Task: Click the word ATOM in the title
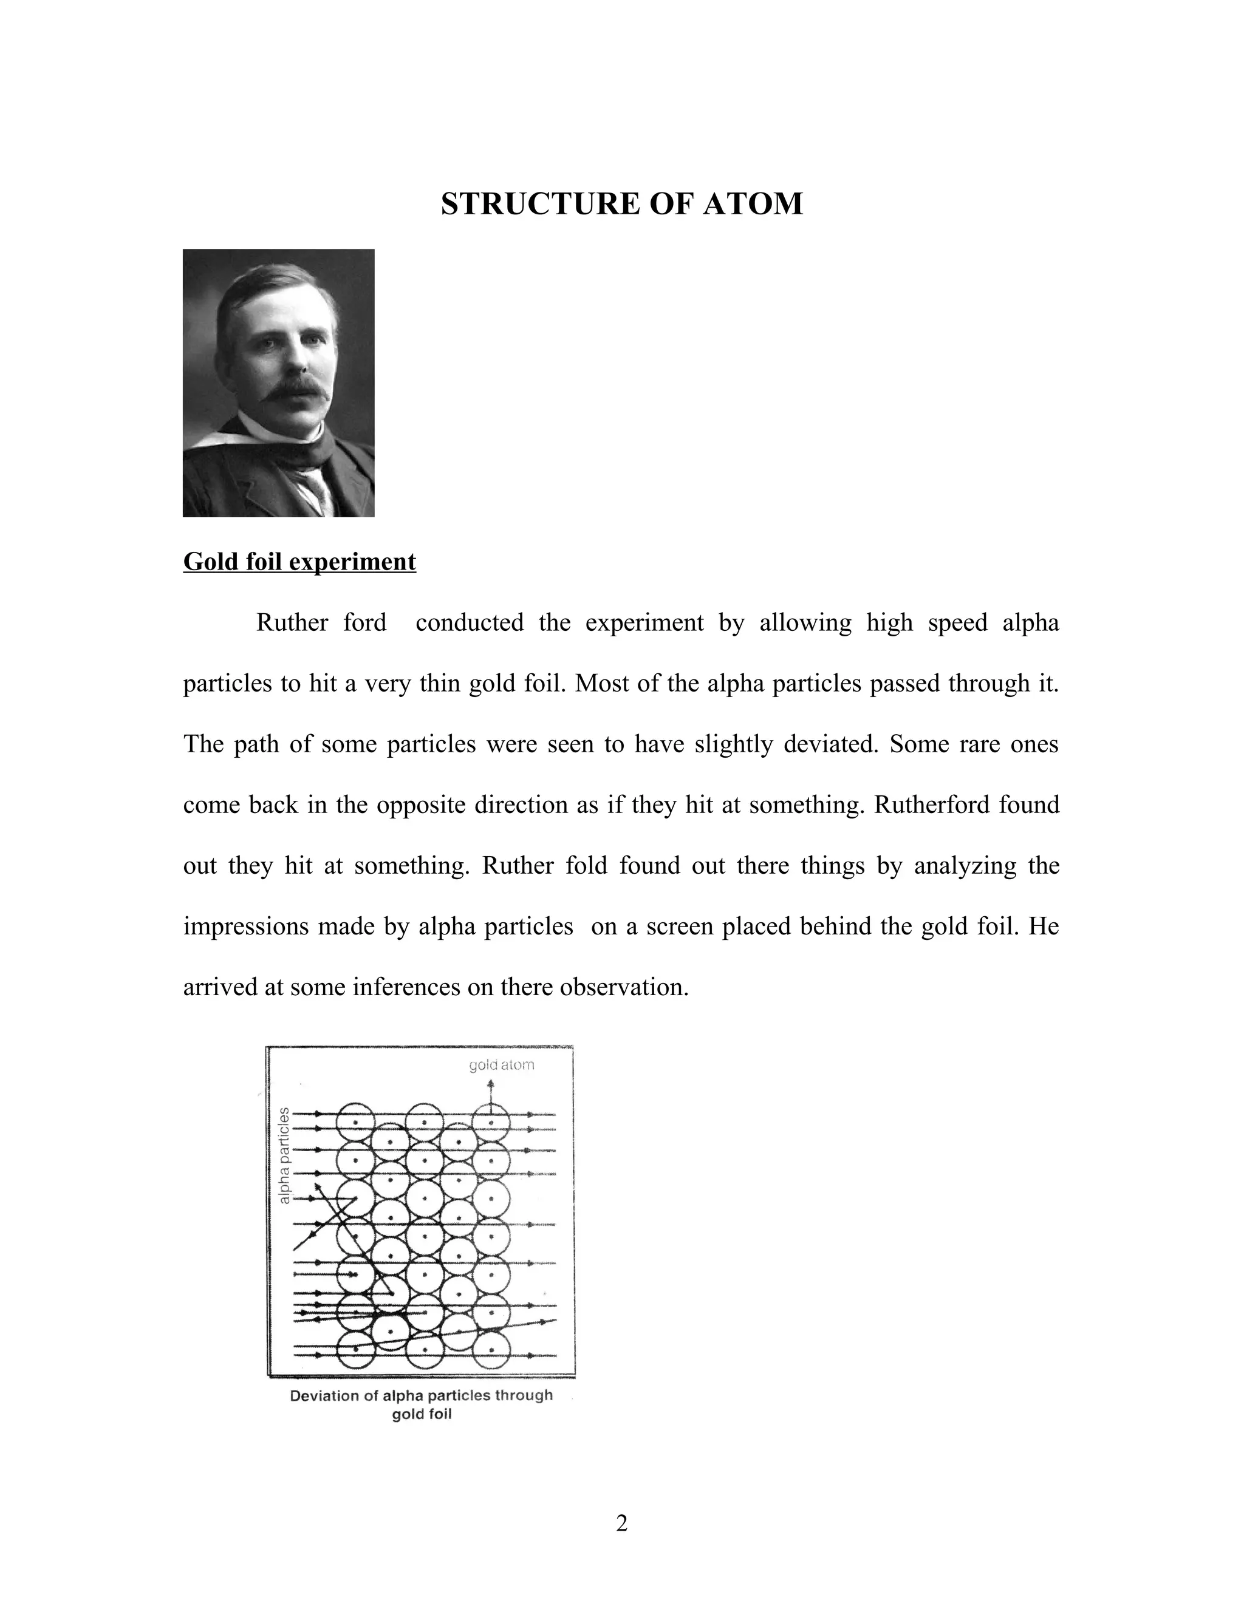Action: coord(753,204)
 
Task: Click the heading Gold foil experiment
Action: coord(299,562)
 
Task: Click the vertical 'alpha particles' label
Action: coord(284,1156)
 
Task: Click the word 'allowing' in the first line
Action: coord(805,622)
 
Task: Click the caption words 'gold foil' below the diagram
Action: coord(422,1415)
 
